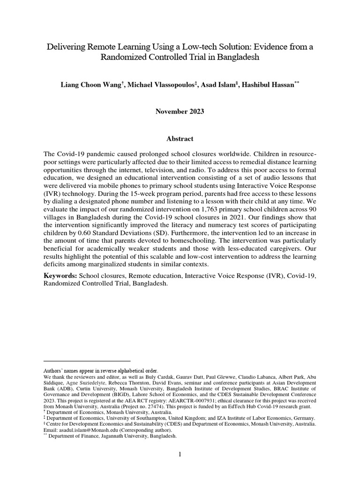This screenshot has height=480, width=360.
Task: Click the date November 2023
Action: click(x=180, y=112)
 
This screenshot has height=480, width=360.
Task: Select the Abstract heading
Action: click(x=180, y=139)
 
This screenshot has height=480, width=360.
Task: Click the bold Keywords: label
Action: click(x=60, y=276)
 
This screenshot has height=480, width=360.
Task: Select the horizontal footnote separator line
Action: click(x=87, y=361)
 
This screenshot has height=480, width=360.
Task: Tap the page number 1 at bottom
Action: click(x=180, y=454)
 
